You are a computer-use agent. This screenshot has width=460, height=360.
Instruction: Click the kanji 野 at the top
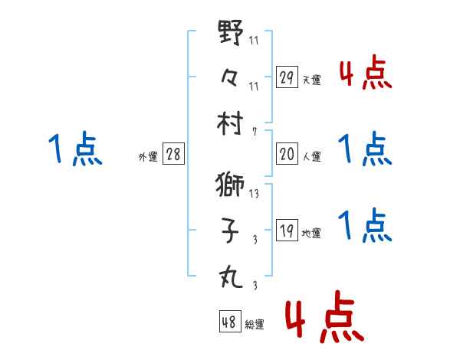pyautogui.click(x=231, y=34)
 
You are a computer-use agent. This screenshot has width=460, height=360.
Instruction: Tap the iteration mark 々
pyautogui.click(x=231, y=77)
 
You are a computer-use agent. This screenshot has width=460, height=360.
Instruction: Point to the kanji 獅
pyautogui.click(x=231, y=186)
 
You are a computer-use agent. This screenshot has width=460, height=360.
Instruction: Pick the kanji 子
pyautogui.click(x=231, y=231)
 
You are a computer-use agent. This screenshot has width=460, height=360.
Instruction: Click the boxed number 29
pyautogui.click(x=287, y=77)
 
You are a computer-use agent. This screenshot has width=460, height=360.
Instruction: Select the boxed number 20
pyautogui.click(x=287, y=154)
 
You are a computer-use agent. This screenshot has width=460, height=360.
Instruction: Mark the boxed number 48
pyautogui.click(x=230, y=322)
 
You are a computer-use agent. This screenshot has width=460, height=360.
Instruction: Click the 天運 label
pyautogui.click(x=311, y=80)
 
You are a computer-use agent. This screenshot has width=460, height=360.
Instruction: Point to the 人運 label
pyautogui.click(x=311, y=156)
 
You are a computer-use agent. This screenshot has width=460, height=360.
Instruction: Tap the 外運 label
pyautogui.click(x=148, y=156)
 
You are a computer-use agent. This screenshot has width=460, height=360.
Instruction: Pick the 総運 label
pyautogui.click(x=255, y=324)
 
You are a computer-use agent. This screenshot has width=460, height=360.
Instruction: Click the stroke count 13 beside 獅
pyautogui.click(x=254, y=193)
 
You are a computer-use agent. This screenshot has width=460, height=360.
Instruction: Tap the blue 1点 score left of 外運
pyautogui.click(x=75, y=149)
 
